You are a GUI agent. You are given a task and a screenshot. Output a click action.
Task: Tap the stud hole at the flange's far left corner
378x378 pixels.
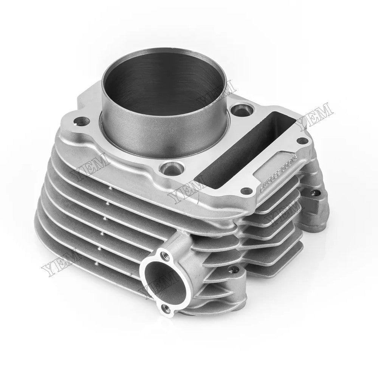click(80, 122)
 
